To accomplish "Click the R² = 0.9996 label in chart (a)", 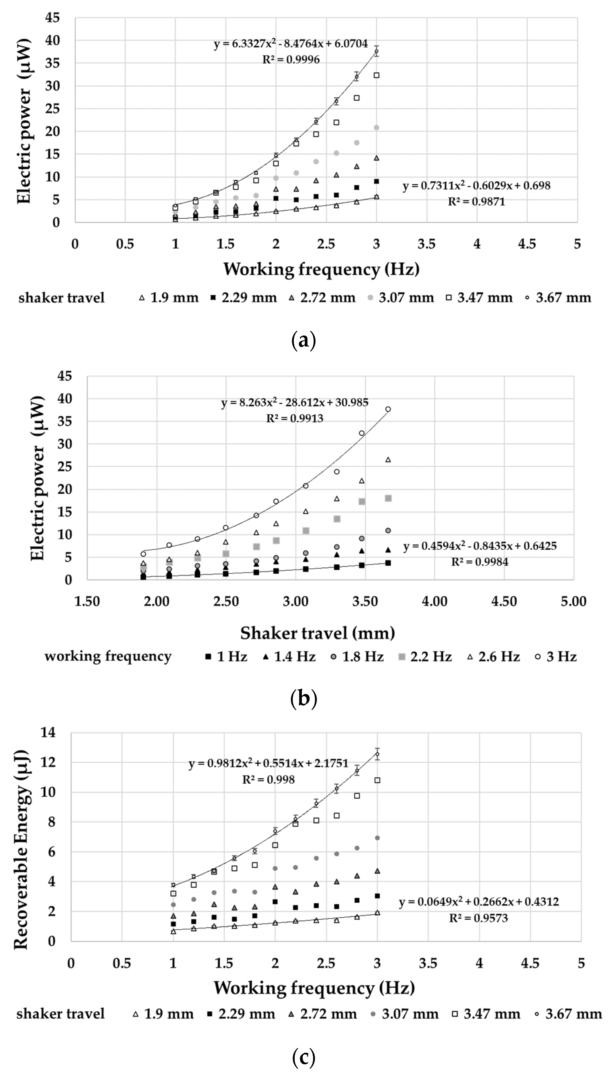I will [291, 60].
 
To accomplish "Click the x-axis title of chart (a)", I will [321, 269].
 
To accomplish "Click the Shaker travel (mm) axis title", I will [317, 633].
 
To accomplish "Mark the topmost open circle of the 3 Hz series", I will [388, 409].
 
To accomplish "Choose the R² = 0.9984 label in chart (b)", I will [480, 562].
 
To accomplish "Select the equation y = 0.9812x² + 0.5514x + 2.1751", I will [268, 763].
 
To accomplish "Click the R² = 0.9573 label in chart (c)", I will [478, 918].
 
